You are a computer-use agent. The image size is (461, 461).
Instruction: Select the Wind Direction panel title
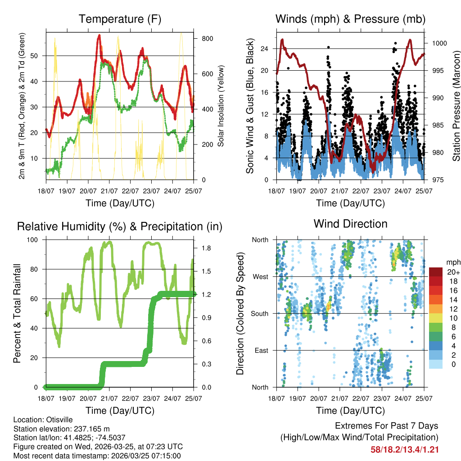[x=350, y=223]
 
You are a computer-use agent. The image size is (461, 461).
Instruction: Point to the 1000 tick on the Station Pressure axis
[x=439, y=43]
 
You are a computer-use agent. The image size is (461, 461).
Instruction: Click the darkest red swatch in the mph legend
[x=436, y=272]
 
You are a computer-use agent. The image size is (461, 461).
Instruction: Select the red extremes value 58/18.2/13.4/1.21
[x=404, y=449]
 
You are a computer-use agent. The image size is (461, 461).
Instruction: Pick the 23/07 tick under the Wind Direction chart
[x=382, y=398]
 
